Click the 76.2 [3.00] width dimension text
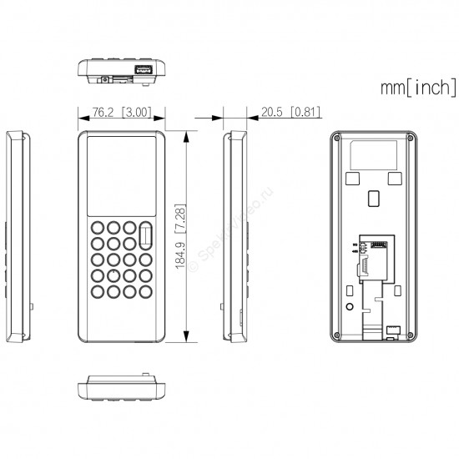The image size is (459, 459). point(122,112)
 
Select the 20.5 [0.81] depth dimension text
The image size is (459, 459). point(290,112)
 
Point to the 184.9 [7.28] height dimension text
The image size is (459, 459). point(180,236)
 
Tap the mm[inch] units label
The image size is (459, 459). point(419,87)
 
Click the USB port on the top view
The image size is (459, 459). point(144,69)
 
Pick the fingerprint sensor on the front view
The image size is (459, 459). point(145,235)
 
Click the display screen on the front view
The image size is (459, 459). point(122,176)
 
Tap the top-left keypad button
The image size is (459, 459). point(98,228)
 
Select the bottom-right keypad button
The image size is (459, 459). point(145,291)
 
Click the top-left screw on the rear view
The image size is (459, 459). point(337,137)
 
